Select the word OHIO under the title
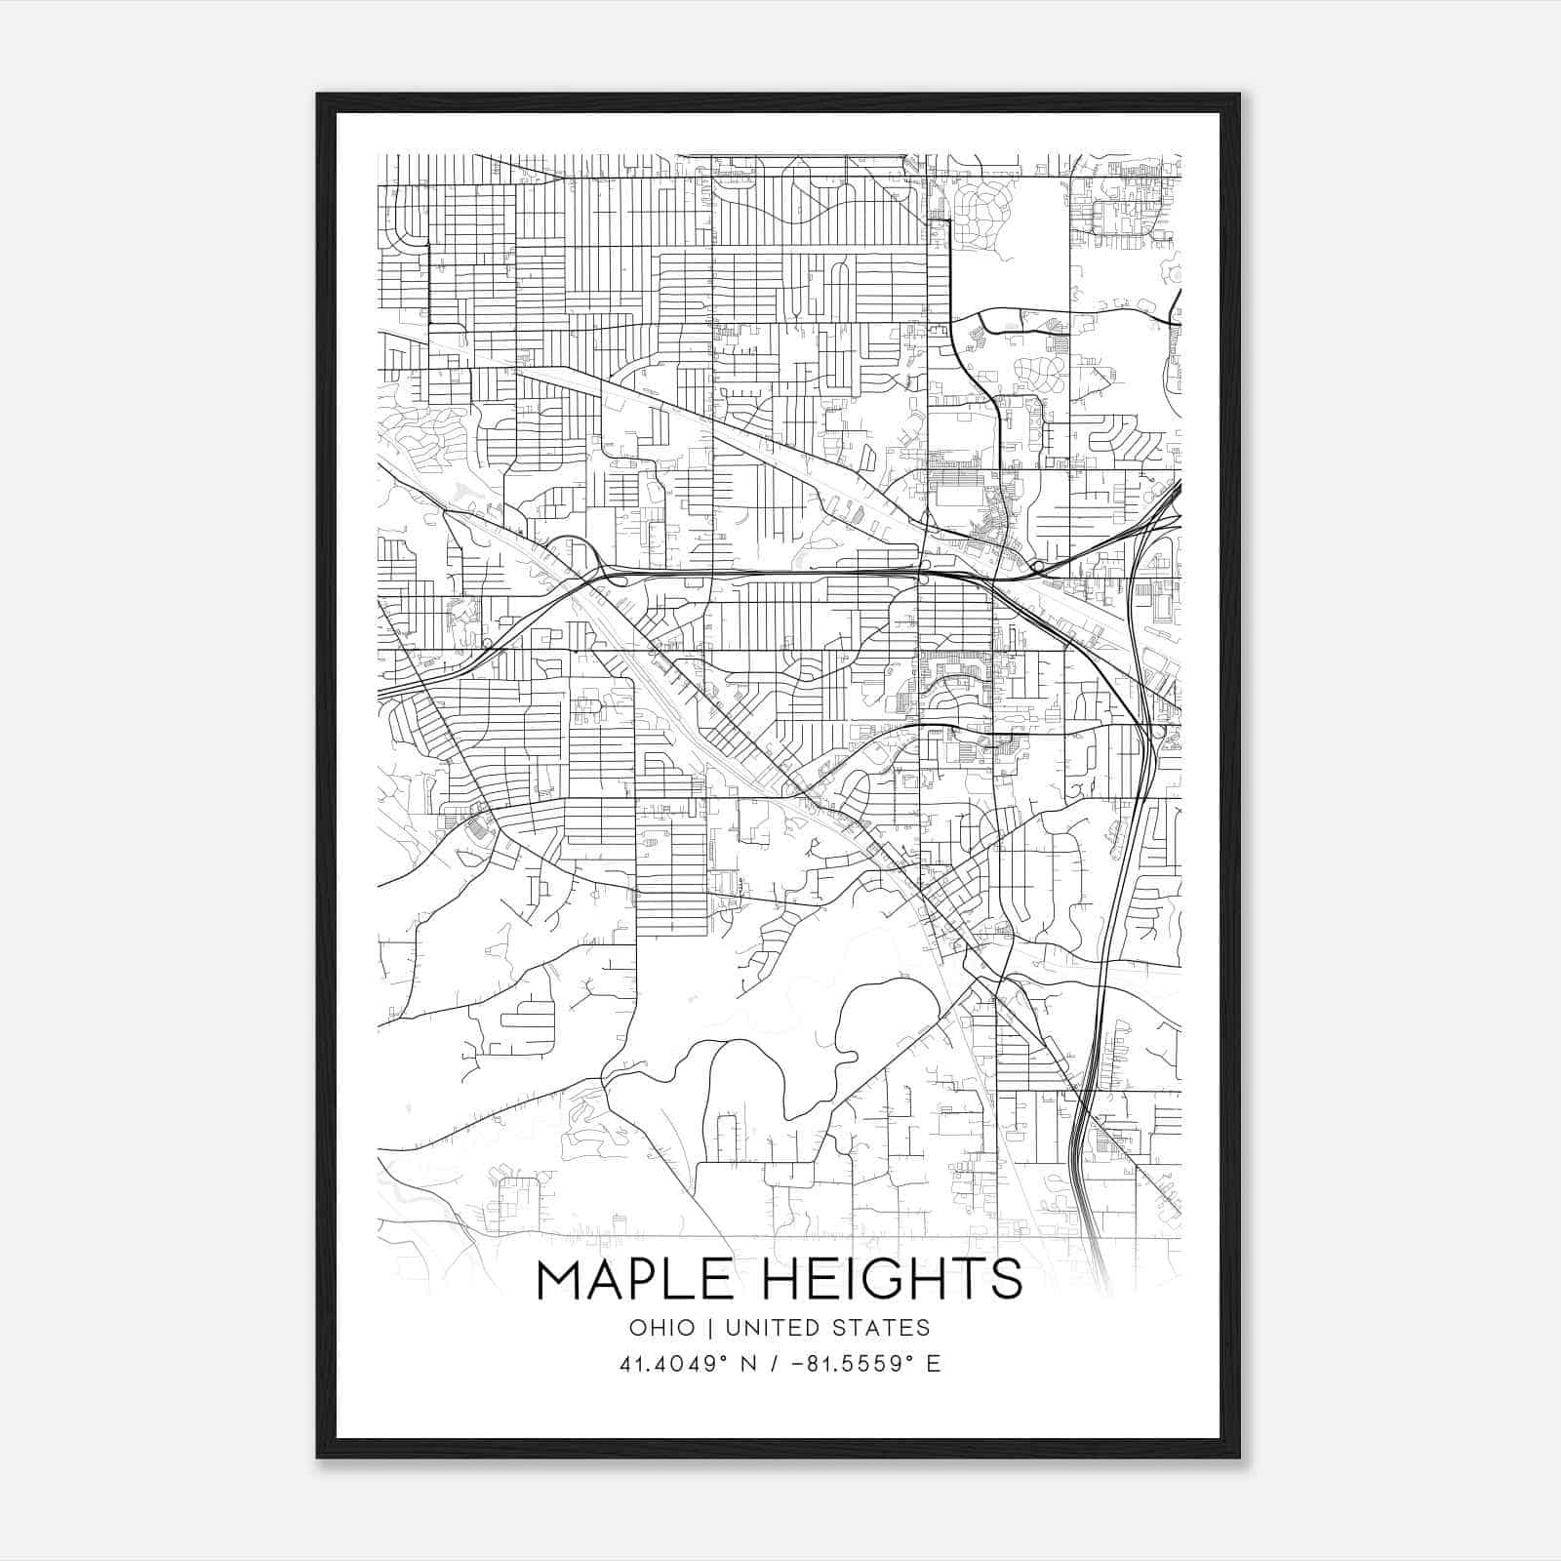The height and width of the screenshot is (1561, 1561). [x=662, y=1328]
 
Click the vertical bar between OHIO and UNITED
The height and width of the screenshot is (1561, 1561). [x=710, y=1328]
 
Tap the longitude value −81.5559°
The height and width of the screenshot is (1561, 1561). [x=846, y=1364]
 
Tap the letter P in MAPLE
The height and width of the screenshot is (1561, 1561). [x=643, y=1280]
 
